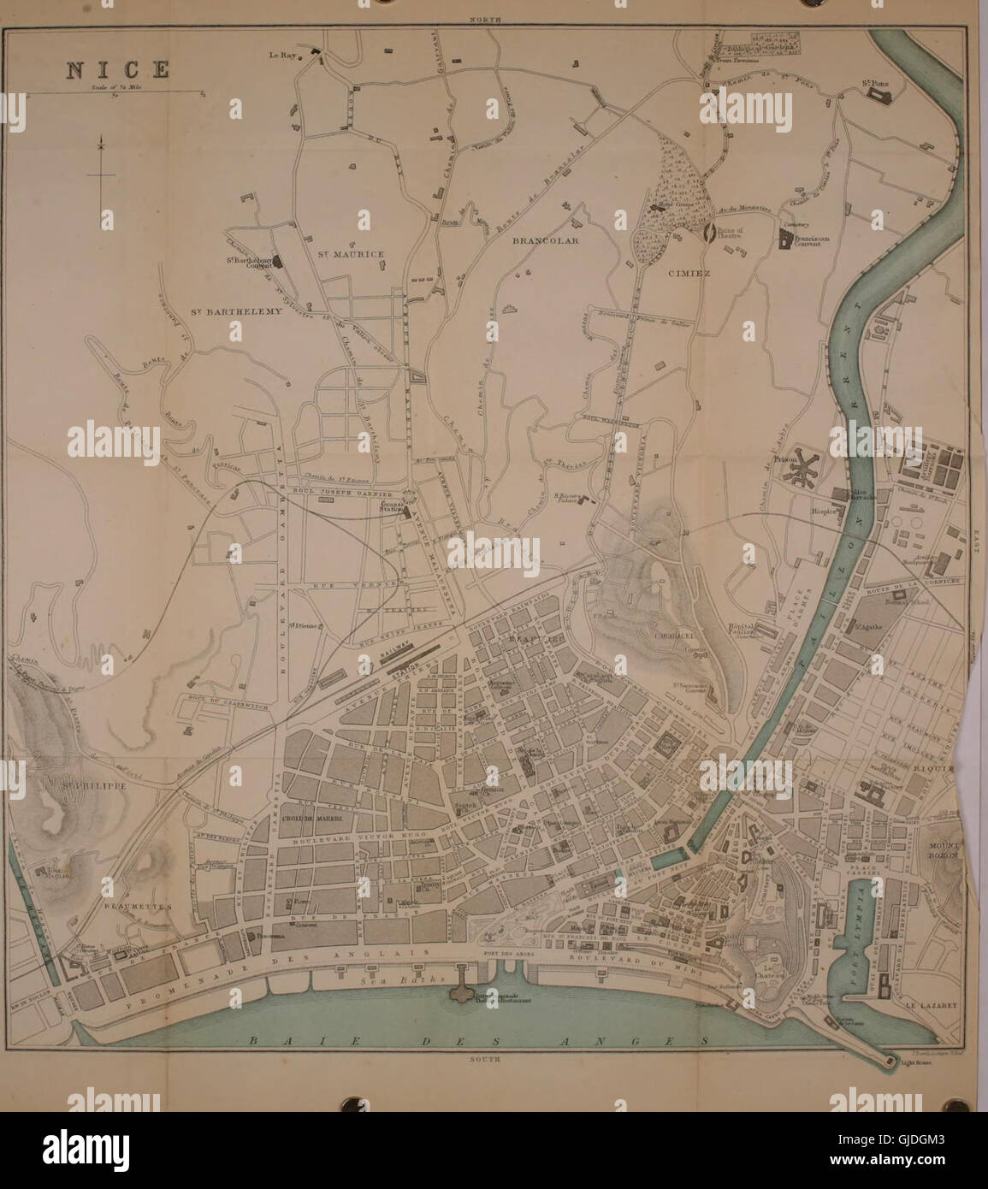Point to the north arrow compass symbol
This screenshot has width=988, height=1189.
click(101, 171)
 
